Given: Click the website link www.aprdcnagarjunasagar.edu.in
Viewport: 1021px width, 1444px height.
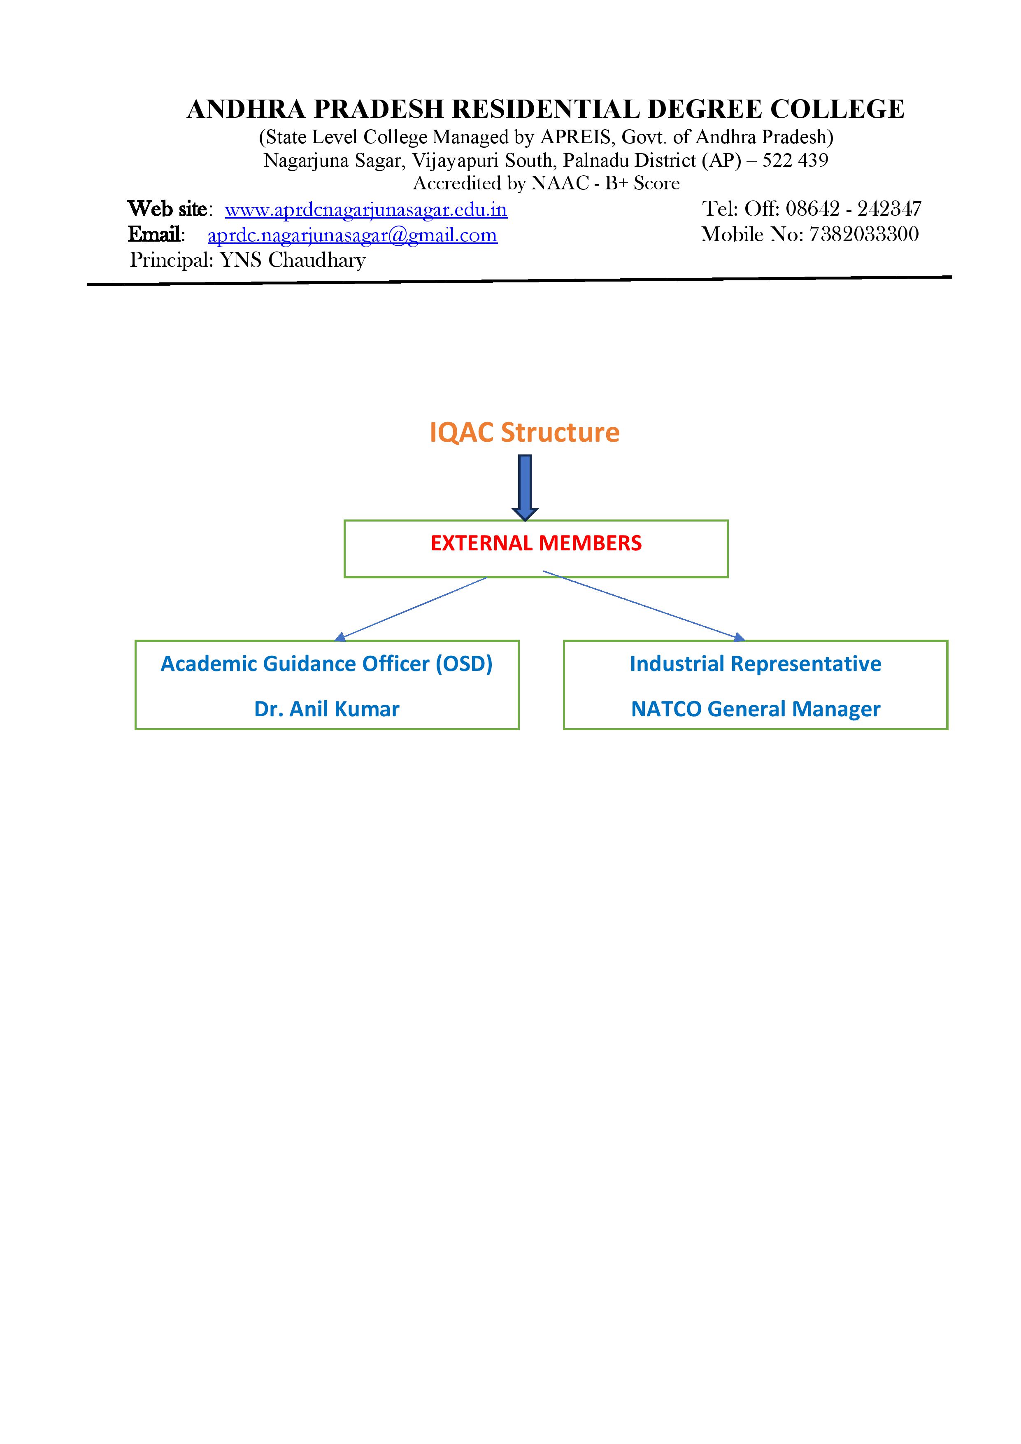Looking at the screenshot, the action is pos(366,210).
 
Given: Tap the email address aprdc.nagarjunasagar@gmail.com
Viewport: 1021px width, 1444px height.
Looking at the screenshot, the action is pos(353,235).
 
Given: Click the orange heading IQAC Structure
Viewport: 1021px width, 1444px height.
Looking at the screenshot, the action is pos(524,433).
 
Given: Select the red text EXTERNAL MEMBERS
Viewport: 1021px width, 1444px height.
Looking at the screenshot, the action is pos(536,543).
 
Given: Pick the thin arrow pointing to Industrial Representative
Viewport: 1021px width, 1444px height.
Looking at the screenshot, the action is pos(644,606).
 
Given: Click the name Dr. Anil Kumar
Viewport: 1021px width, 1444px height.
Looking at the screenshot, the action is pos(327,709).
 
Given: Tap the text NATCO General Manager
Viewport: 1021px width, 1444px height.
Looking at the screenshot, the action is pos(756,709).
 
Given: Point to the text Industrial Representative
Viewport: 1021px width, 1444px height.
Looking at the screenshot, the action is pos(756,664).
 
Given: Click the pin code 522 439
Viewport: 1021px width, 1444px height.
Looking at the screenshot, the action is pos(795,161).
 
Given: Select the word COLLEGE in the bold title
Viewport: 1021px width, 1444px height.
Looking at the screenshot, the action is pos(837,109).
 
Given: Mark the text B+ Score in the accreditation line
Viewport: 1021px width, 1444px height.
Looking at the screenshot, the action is pos(642,183).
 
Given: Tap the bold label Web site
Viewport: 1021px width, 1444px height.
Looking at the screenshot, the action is pos(167,209).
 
